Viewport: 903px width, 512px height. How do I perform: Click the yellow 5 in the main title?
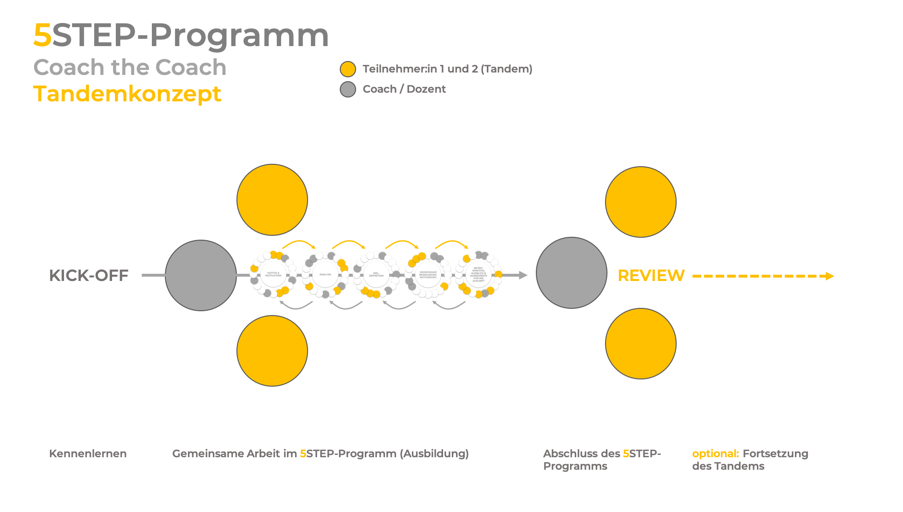(x=42, y=36)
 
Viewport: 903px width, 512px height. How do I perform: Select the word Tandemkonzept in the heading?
(x=127, y=94)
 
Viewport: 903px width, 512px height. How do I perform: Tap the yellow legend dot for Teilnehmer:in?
(x=348, y=69)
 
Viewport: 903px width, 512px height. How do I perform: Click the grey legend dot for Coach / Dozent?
(x=348, y=89)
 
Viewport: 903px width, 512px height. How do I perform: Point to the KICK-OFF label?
(x=89, y=275)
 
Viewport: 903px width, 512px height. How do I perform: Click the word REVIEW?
(x=651, y=276)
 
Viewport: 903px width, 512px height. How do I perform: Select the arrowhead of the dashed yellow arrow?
(x=830, y=276)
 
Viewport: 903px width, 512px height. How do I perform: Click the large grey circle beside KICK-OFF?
(x=201, y=275)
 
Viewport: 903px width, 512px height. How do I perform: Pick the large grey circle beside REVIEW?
(x=571, y=273)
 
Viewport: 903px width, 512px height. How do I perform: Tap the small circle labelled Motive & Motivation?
(x=273, y=274)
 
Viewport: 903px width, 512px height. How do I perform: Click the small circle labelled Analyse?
(x=325, y=274)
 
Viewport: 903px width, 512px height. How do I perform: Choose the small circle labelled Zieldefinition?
(x=376, y=275)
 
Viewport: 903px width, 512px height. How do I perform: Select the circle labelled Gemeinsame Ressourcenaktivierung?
(x=428, y=275)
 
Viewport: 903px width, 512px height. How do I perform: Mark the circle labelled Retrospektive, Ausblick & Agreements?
(x=479, y=274)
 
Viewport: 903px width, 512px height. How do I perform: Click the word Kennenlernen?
(x=88, y=453)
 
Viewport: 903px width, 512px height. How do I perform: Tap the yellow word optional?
(x=715, y=453)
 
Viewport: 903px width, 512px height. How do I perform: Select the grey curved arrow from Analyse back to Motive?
(x=296, y=306)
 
